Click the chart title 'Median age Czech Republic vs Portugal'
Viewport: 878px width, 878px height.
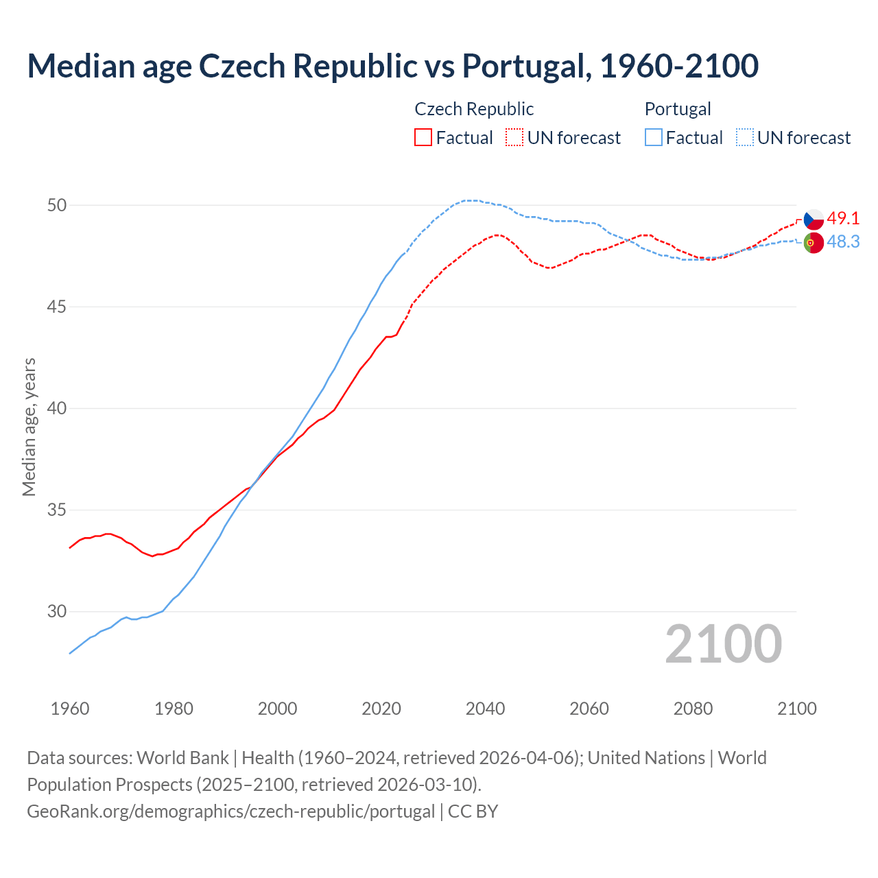[x=392, y=66]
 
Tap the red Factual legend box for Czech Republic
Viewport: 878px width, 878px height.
[x=423, y=137]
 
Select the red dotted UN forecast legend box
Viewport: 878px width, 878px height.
[x=514, y=137]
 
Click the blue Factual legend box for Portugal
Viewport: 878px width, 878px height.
[x=654, y=137]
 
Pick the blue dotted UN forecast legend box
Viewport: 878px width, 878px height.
[x=744, y=137]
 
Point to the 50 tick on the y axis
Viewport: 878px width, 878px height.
[x=57, y=205]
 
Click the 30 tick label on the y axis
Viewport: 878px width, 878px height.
[x=57, y=611]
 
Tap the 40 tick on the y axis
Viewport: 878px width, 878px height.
[x=57, y=408]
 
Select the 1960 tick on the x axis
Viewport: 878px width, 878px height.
[x=70, y=709]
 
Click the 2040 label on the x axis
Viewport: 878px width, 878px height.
[x=485, y=709]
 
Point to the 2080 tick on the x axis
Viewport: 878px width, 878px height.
[x=693, y=709]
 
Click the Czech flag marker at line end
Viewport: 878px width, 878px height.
[x=814, y=219]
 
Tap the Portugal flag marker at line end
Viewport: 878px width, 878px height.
[x=814, y=243]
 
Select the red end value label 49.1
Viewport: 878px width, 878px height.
[x=843, y=219]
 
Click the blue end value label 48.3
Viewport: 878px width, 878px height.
[x=843, y=242]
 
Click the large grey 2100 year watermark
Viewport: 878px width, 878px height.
[x=724, y=644]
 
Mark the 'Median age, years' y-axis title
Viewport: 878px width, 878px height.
[x=29, y=427]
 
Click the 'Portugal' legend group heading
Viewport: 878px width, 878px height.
[x=678, y=109]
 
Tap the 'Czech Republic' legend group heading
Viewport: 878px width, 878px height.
[x=474, y=109]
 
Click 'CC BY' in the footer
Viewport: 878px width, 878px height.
[x=473, y=811]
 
